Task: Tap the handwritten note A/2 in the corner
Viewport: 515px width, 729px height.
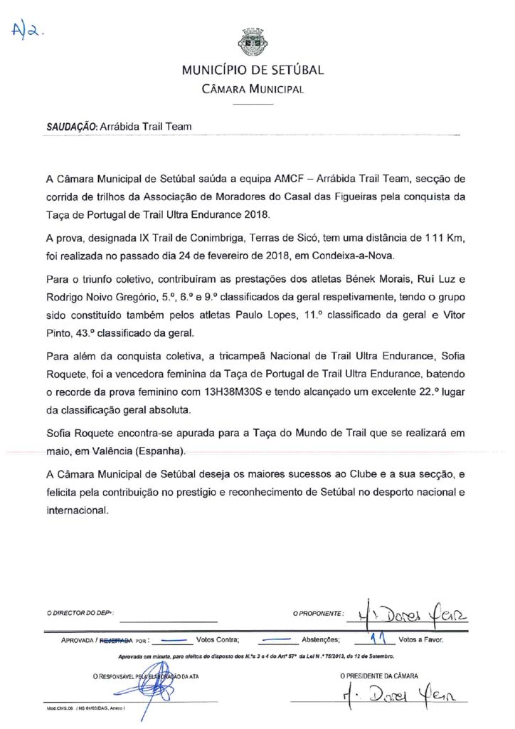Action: point(27,30)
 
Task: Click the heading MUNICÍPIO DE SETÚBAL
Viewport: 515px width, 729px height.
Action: point(253,70)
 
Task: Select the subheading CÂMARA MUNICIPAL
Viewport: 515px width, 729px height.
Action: point(253,90)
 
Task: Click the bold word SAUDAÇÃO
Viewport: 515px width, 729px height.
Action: point(71,127)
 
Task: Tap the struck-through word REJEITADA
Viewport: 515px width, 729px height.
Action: point(117,641)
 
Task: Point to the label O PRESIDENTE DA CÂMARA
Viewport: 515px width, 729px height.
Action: point(378,676)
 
